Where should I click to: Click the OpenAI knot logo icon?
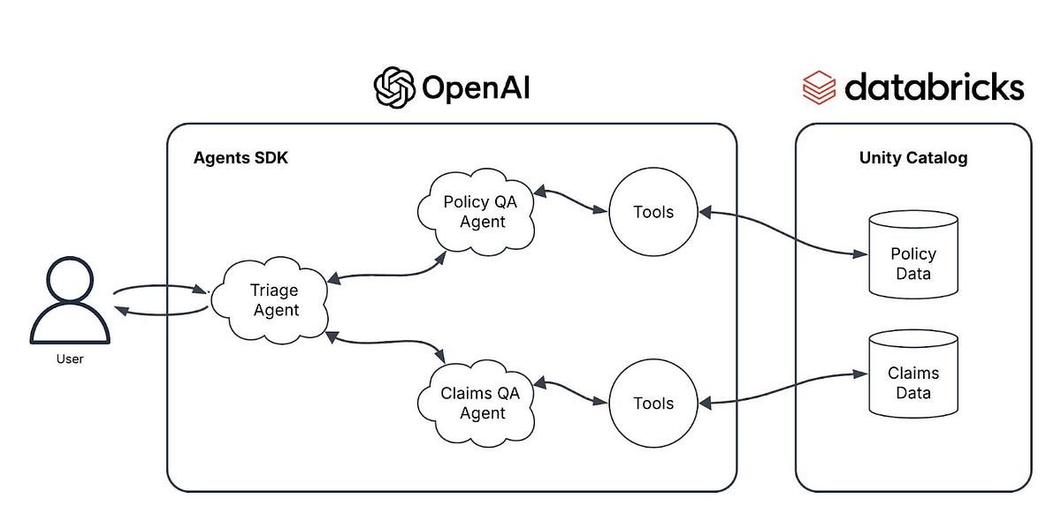[394, 88]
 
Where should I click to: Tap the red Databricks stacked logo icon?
[818, 88]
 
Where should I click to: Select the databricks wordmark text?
[934, 87]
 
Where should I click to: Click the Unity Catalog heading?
[913, 159]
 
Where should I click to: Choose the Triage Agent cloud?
[275, 300]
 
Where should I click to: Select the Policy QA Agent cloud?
[479, 212]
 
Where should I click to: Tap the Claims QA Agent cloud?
[479, 403]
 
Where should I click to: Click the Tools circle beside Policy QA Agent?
[653, 212]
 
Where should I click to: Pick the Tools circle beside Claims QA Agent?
[653, 403]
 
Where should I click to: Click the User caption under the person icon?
[70, 359]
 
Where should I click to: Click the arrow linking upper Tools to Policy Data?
[782, 234]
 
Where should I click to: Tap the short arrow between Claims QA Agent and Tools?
[571, 393]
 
